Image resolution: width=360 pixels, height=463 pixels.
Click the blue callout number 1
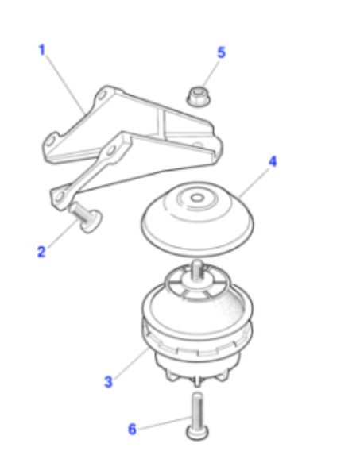(x=41, y=49)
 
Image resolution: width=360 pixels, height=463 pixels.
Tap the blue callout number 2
(x=41, y=252)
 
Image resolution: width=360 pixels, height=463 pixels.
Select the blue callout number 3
(x=108, y=381)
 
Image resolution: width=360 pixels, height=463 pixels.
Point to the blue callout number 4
(x=273, y=161)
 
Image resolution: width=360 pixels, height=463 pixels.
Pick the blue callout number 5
(x=222, y=52)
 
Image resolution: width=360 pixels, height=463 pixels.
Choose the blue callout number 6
(x=132, y=429)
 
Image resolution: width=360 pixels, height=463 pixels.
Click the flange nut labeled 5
(x=198, y=96)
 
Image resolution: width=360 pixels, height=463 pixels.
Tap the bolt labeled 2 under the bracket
(x=86, y=217)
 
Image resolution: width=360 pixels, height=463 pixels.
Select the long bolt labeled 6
(x=197, y=416)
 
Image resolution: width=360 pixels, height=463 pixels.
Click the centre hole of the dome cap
(x=197, y=198)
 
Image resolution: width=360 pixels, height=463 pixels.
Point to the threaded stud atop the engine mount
(x=197, y=270)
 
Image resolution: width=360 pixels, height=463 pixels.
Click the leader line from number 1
(x=65, y=85)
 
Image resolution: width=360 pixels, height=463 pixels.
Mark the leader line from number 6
(x=165, y=423)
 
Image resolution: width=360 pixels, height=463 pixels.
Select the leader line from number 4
(x=254, y=183)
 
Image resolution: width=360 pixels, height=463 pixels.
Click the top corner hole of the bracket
(x=103, y=95)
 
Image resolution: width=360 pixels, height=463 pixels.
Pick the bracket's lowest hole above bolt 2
(x=60, y=196)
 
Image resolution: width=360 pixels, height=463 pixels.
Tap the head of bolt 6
(x=197, y=433)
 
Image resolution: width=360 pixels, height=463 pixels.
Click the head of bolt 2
(x=91, y=222)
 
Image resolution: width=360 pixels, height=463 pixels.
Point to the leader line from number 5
(x=211, y=74)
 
